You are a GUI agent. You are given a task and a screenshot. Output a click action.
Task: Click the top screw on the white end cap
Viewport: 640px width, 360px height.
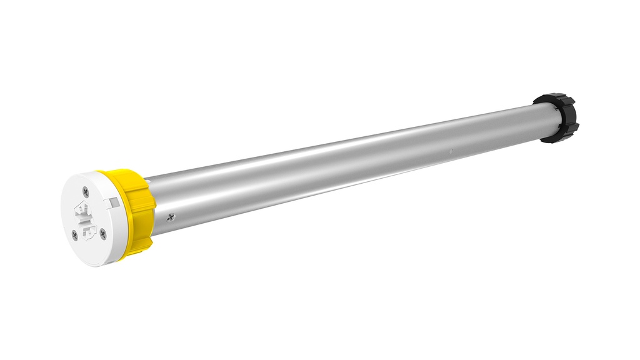(x=86, y=192)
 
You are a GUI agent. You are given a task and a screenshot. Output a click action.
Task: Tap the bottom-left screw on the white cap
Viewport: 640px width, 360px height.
(x=75, y=235)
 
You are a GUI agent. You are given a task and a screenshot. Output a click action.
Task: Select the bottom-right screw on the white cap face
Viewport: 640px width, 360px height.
(x=103, y=234)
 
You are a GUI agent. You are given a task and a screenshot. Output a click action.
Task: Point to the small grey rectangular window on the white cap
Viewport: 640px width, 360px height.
(x=114, y=202)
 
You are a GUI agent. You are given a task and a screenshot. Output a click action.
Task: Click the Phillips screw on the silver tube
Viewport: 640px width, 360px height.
(x=171, y=217)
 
